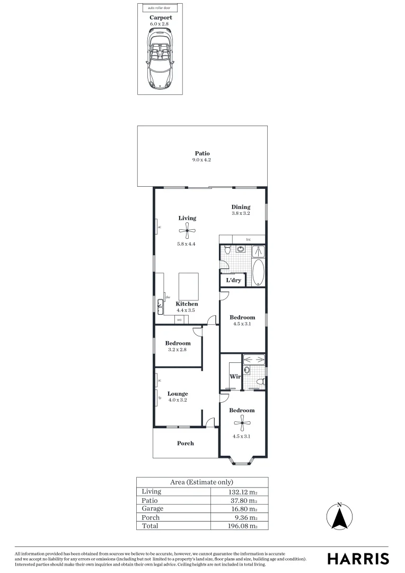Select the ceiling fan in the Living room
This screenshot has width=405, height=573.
(x=187, y=230)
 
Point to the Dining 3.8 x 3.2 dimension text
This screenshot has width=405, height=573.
(x=240, y=213)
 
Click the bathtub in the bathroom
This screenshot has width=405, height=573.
(x=258, y=273)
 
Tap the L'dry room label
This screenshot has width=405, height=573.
(x=233, y=280)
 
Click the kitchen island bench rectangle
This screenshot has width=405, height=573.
(x=188, y=285)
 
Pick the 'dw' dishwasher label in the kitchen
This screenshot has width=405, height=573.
(x=167, y=297)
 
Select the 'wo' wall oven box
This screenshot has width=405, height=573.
(x=179, y=319)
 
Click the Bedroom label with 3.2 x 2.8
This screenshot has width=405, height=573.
(x=178, y=343)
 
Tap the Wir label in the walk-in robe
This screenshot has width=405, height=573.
(x=235, y=377)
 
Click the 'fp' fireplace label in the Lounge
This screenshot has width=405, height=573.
(x=159, y=397)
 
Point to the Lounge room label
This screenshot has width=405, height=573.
(x=178, y=394)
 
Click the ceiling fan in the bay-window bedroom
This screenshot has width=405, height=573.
(x=242, y=423)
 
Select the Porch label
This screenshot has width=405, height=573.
(x=186, y=443)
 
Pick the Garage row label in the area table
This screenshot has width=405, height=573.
(x=152, y=509)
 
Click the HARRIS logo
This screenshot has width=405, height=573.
(x=358, y=558)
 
